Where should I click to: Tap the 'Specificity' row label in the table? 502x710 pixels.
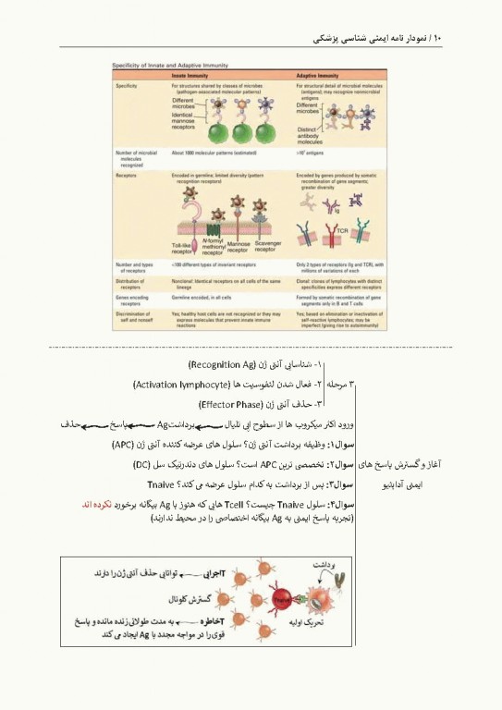click(127, 85)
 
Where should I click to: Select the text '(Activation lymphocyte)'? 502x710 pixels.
click(190, 384)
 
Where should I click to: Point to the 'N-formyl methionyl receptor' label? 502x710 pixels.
click(217, 248)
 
